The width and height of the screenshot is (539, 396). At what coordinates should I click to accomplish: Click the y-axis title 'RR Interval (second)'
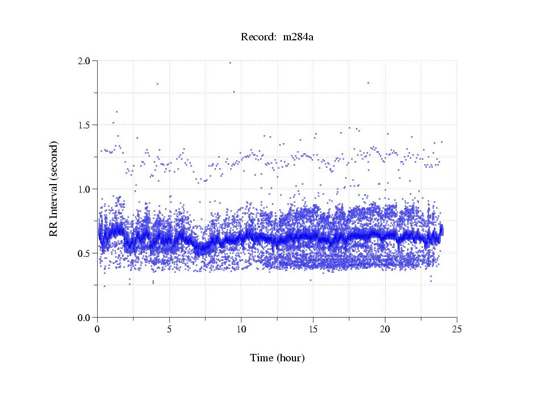pyautogui.click(x=53, y=188)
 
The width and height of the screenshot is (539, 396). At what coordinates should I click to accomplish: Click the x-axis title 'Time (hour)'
pyautogui.click(x=277, y=358)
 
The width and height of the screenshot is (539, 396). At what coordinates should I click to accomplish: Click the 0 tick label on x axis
pyautogui.click(x=98, y=329)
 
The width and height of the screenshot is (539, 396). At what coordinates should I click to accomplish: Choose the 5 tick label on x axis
pyautogui.click(x=169, y=329)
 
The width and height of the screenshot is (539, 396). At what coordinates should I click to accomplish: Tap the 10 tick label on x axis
pyautogui.click(x=241, y=329)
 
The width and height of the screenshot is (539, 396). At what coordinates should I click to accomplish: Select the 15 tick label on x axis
pyautogui.click(x=313, y=329)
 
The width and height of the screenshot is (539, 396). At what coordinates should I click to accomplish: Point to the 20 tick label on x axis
pyautogui.click(x=385, y=329)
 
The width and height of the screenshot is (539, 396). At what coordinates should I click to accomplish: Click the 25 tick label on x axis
pyautogui.click(x=457, y=329)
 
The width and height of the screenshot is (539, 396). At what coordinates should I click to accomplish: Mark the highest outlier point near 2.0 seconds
pyautogui.click(x=230, y=62)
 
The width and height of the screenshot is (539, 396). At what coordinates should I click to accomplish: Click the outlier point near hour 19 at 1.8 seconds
pyautogui.click(x=369, y=82)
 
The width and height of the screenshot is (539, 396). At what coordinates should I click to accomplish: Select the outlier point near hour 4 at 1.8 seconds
pyautogui.click(x=157, y=84)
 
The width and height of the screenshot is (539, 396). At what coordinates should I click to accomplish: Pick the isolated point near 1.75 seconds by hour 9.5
pyautogui.click(x=233, y=91)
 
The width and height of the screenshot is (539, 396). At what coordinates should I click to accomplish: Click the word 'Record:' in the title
pyautogui.click(x=258, y=37)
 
